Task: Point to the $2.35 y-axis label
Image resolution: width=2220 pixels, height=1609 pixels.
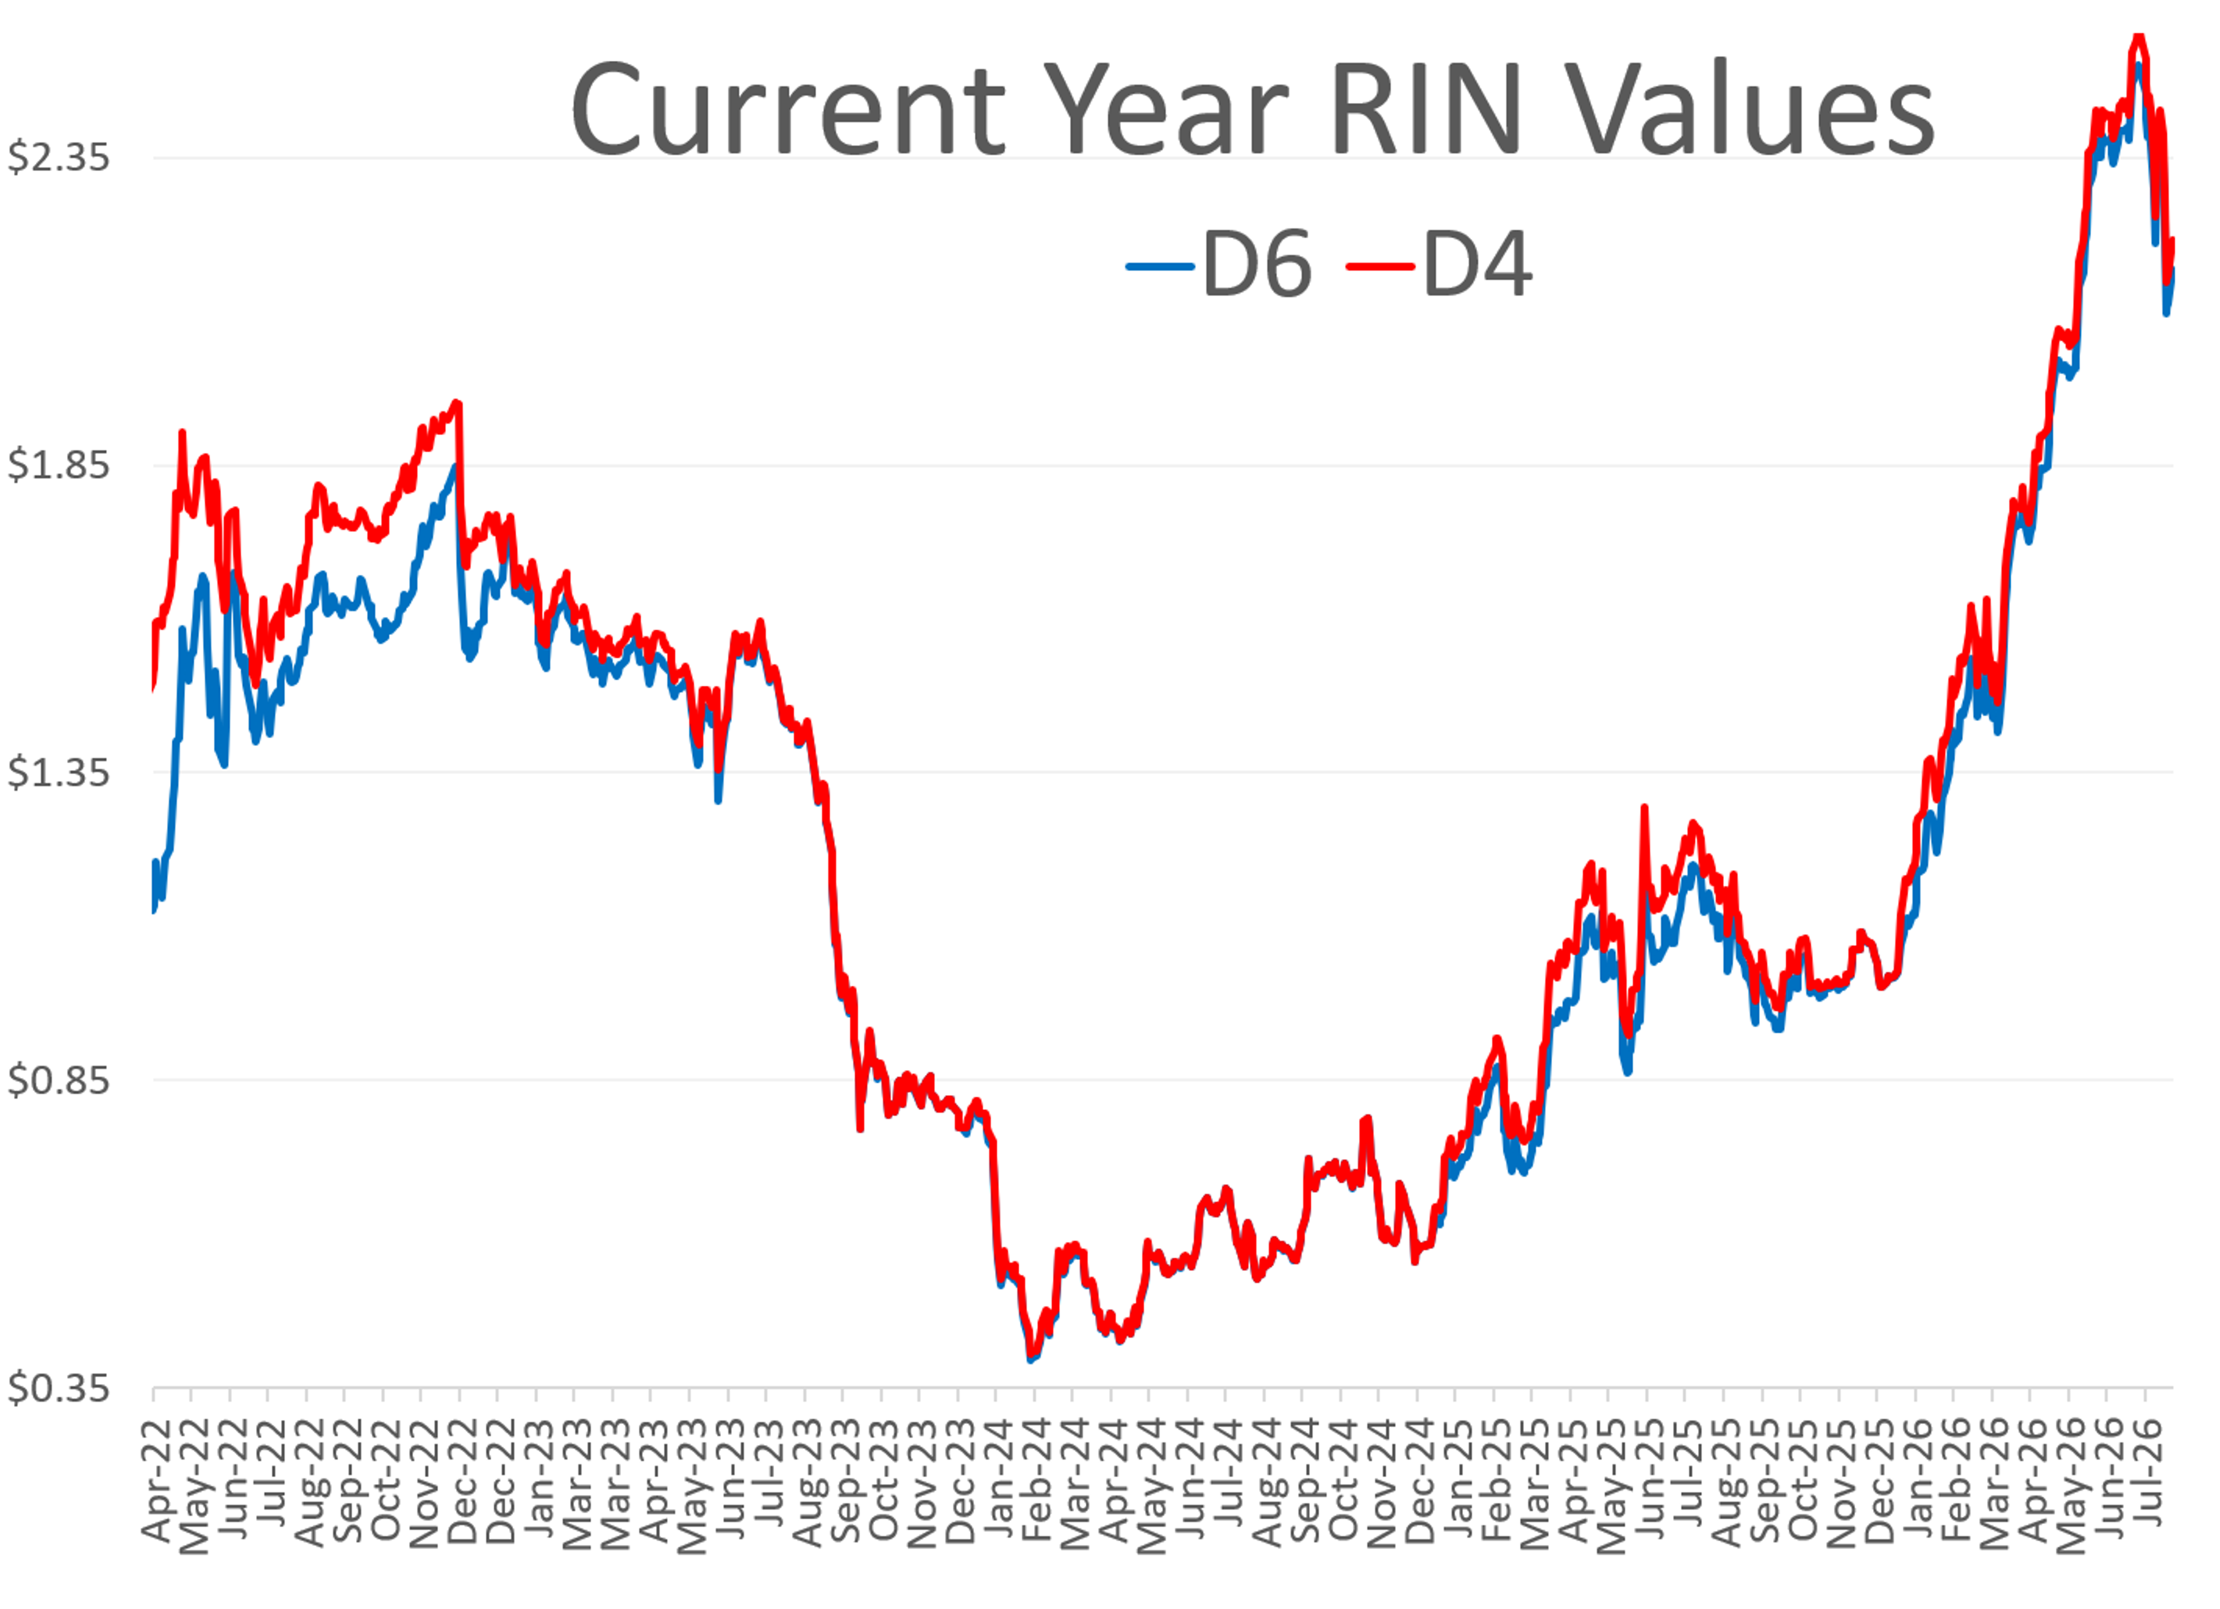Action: tap(59, 157)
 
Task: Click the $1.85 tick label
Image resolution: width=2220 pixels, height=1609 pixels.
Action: tap(59, 465)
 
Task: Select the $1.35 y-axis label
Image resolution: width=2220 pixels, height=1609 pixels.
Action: tap(59, 772)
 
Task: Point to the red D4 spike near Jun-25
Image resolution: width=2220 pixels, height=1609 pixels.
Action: tap(1644, 808)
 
